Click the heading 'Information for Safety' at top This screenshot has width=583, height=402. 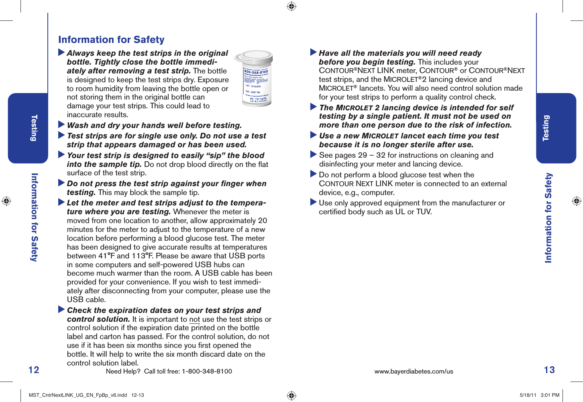[x=111, y=40]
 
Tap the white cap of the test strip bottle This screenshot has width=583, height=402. [x=257, y=57]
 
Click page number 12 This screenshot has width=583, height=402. [x=34, y=370]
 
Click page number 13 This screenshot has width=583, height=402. [x=549, y=370]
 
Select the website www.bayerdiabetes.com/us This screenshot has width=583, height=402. [x=414, y=372]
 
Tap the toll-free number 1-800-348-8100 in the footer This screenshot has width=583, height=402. [x=207, y=372]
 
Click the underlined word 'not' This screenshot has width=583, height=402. [x=194, y=319]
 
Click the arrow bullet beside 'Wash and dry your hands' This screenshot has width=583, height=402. [x=61, y=125]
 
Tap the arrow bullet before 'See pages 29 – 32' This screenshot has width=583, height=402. [x=314, y=154]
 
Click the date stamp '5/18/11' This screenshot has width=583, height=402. [x=528, y=395]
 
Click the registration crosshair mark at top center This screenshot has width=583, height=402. [x=291, y=6]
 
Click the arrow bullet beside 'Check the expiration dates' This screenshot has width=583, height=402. [x=61, y=310]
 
